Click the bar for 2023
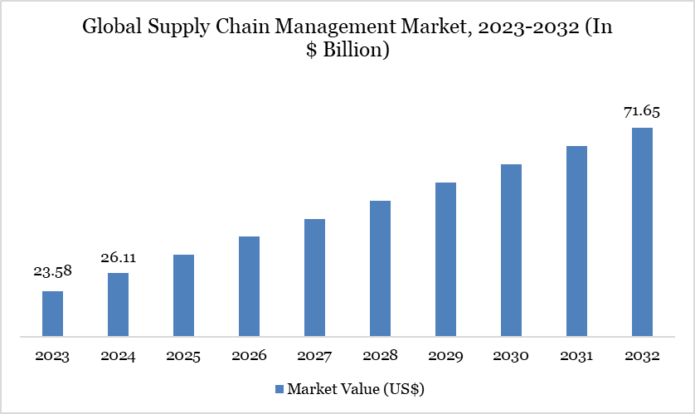pos(52,314)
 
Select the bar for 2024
pos(118,305)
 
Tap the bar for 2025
pos(183,296)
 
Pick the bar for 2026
pos(249,287)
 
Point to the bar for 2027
pos(314,278)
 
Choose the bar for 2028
pos(380,269)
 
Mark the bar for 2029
pos(445,260)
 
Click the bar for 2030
pos(511,251)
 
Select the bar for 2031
pos(576,241)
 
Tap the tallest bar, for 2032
pos(642,232)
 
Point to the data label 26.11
pos(118,258)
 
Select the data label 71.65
pos(642,111)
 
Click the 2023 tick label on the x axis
pos(52,356)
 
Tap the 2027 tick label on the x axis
pos(314,356)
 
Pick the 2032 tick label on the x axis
pos(642,356)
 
